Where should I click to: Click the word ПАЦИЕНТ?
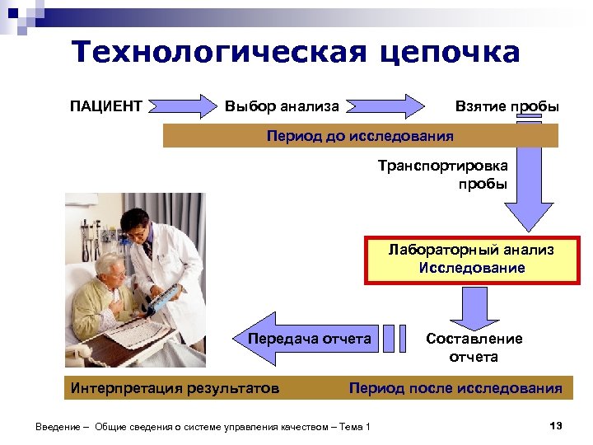pos(106,106)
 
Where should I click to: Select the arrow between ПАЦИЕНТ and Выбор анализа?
pos(184,105)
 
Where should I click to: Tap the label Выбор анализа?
pos(282,106)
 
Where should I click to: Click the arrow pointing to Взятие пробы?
pos(387,105)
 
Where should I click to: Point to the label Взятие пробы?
pos(507,106)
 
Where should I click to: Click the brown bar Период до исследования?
pos(360,134)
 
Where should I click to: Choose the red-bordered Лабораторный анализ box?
pos(471,259)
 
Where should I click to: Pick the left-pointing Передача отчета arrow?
pos(309,339)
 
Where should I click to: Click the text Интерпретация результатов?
pos(175,387)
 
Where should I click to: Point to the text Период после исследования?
pos(455,387)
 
